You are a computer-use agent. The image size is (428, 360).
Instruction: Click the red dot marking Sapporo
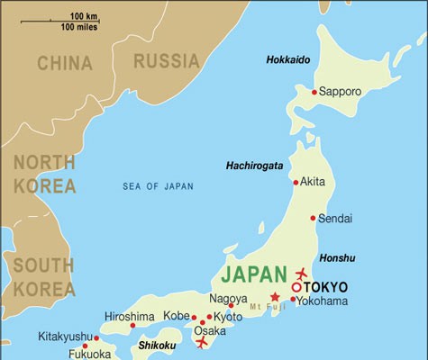point(314,92)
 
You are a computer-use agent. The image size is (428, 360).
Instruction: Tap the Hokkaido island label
point(288,59)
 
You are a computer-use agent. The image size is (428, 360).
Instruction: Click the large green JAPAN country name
point(257,274)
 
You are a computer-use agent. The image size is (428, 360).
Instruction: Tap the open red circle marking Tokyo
point(296,287)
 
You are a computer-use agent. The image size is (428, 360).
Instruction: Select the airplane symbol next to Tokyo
point(301,273)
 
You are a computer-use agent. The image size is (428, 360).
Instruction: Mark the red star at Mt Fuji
point(275,297)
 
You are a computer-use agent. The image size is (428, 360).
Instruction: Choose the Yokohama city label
point(323,301)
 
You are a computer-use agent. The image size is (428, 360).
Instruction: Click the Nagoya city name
point(228,299)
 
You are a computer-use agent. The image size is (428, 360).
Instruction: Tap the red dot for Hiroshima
point(132,325)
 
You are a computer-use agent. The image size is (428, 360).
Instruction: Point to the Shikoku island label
point(157,345)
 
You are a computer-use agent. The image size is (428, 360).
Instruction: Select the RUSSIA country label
point(166,61)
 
